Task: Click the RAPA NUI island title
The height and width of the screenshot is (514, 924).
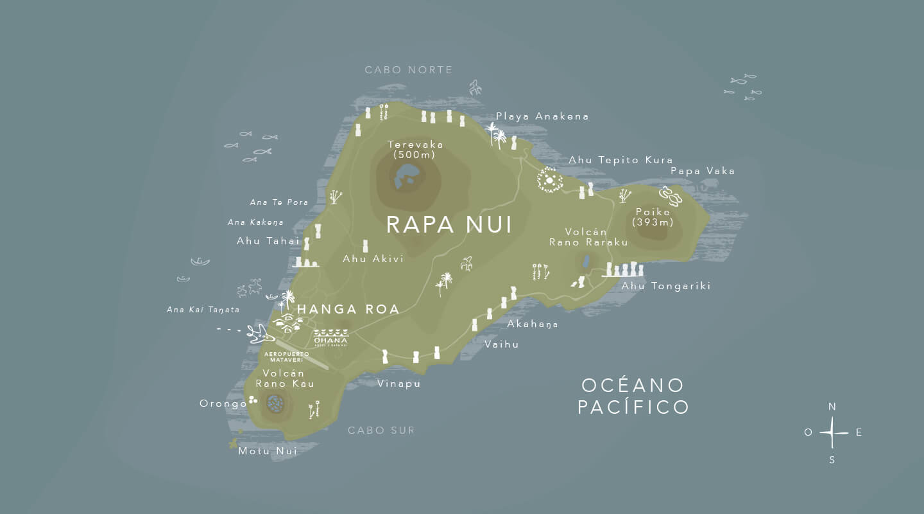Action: pos(449,225)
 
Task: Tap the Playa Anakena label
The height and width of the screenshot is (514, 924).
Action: pos(542,116)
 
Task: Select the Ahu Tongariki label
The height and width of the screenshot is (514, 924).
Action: pos(666,286)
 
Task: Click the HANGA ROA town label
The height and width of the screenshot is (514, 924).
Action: pos(348,309)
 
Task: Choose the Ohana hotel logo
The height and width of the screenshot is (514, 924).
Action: pos(331,337)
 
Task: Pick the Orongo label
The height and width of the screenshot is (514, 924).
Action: pos(223,403)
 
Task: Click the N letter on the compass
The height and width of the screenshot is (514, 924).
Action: pos(832,407)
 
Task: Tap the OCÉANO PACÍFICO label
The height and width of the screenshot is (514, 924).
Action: pos(633,396)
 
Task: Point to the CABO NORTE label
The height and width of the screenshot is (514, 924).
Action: pos(409,70)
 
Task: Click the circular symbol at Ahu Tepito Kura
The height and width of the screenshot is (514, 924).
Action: pos(549,180)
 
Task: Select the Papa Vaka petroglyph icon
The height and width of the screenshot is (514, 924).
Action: pos(671,195)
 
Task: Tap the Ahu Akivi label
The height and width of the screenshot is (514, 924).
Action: pos(373,259)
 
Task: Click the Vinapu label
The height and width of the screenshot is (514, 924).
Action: pos(398,384)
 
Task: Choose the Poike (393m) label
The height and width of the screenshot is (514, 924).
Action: pos(653,217)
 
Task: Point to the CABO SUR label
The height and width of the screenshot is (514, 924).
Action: pos(381,430)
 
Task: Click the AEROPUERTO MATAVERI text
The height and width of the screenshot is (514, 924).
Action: pos(286,357)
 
